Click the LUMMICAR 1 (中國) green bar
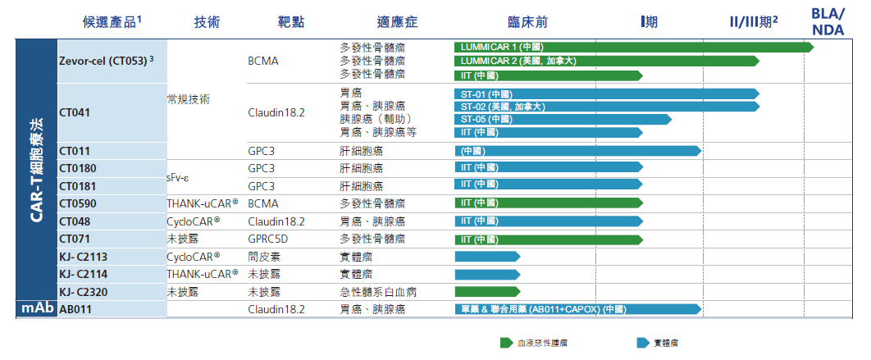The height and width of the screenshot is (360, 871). (632, 48)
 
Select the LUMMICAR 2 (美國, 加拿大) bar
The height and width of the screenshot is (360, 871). (606, 62)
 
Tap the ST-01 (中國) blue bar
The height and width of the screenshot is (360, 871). (606, 93)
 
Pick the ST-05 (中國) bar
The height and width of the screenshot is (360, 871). (563, 120)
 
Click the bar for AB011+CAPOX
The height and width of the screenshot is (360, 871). (577, 309)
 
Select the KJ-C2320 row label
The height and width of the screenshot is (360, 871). (85, 292)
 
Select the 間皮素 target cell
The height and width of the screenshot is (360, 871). (263, 257)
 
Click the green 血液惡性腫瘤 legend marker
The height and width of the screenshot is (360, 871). (506, 343)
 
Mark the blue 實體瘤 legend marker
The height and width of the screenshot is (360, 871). (642, 343)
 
